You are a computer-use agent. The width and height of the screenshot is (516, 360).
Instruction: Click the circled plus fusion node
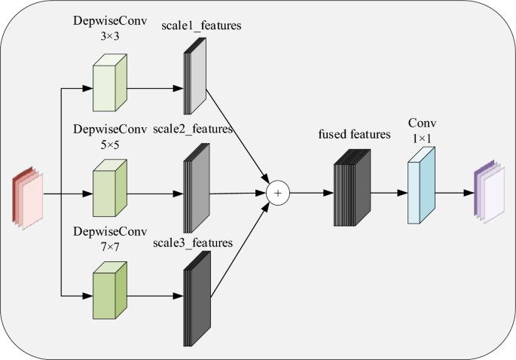pyautogui.click(x=278, y=194)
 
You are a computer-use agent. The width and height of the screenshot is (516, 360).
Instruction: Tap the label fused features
pyautogui.click(x=354, y=135)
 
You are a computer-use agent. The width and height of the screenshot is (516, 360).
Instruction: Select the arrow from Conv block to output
pyautogui.click(x=454, y=193)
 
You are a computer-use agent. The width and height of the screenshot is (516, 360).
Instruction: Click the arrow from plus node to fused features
pyautogui.click(x=310, y=194)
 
